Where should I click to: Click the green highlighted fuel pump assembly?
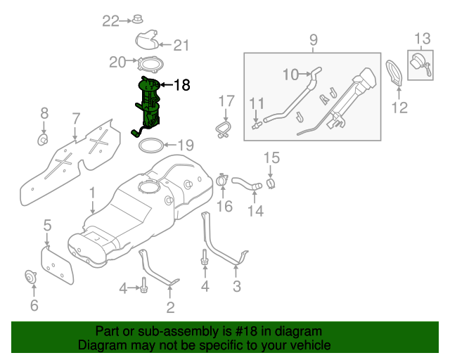148,105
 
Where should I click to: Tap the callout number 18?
181,86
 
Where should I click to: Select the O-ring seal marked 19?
149,146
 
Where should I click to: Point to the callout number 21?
181,46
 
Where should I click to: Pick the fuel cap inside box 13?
419,64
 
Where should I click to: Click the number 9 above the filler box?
314,40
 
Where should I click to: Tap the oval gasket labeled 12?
398,73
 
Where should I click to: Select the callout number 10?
291,74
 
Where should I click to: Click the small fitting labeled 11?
257,125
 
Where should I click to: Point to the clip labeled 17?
223,129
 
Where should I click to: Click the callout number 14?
255,210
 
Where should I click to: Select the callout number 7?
76,117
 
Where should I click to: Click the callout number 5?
47,225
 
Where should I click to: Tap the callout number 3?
236,286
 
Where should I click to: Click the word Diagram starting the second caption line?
101,345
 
